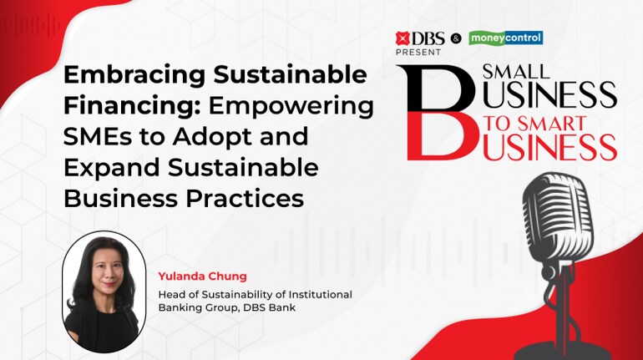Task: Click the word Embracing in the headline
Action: pyautogui.click(x=134, y=75)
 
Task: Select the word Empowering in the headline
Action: pyautogui.click(x=291, y=106)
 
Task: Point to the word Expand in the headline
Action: pyautogui.click(x=112, y=168)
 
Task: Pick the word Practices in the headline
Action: pyautogui.click(x=245, y=198)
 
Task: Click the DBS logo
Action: pyautogui.click(x=420, y=38)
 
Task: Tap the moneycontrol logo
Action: pyautogui.click(x=506, y=38)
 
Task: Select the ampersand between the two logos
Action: pyautogui.click(x=456, y=39)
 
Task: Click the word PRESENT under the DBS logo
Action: pyautogui.click(x=418, y=52)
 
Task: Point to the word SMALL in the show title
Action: pyautogui.click(x=516, y=72)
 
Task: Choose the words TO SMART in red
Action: pyautogui.click(x=535, y=124)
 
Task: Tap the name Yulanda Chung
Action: pyautogui.click(x=203, y=276)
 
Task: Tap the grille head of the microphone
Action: pyautogui.click(x=559, y=218)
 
